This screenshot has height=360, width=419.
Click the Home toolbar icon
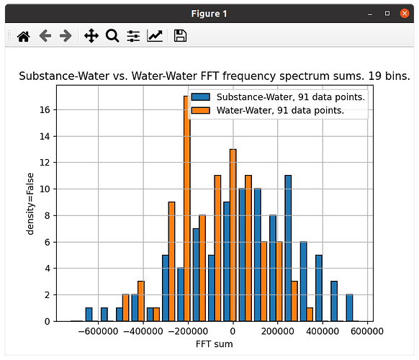tap(24, 36)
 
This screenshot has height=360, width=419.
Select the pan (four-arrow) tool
tap(91, 36)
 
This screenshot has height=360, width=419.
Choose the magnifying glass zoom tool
tap(112, 36)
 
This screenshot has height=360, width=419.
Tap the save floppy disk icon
tap(180, 36)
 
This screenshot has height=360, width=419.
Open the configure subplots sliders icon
tap(133, 36)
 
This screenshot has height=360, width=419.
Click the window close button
tap(405, 14)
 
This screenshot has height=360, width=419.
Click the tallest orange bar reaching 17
tap(186, 209)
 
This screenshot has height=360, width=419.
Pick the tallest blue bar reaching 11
tap(288, 248)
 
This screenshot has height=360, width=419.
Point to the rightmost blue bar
tap(349, 307)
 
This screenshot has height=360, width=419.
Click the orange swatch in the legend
tap(201, 110)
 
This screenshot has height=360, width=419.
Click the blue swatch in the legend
tap(201, 97)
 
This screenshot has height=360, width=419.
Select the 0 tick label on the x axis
tap(233, 332)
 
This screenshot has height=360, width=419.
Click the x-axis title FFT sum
tap(215, 344)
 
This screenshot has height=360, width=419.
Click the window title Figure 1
tap(209, 14)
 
